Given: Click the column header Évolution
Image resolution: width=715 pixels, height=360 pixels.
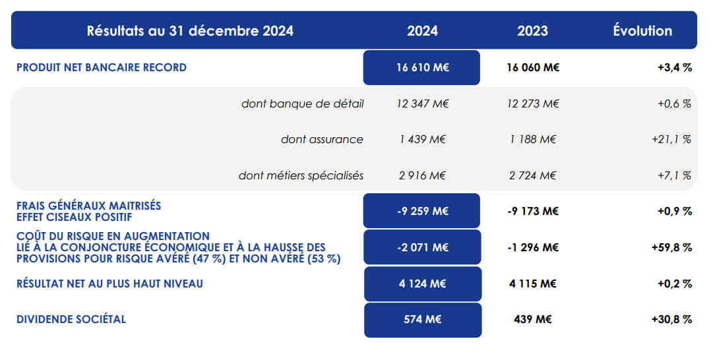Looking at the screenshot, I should (642, 30).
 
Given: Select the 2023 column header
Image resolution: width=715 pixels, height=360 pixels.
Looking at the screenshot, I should (532, 30).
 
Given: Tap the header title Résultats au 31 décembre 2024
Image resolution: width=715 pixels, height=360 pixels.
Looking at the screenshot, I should (190, 30).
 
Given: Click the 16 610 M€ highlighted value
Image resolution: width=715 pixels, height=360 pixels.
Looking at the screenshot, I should (422, 67).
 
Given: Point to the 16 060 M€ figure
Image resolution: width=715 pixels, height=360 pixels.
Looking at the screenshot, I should (533, 67).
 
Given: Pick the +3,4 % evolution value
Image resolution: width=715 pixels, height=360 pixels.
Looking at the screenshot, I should (674, 67).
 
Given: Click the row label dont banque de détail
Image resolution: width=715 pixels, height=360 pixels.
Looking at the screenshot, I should (302, 104).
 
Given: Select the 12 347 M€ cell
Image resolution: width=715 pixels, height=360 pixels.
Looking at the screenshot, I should (422, 104).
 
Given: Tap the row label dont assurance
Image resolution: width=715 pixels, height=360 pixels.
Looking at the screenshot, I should (322, 139).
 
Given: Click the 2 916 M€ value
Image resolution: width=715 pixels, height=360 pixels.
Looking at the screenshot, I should (421, 175).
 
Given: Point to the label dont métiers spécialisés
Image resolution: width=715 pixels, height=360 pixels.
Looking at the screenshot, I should (301, 175).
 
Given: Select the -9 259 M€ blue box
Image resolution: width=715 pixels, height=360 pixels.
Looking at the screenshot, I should (421, 211).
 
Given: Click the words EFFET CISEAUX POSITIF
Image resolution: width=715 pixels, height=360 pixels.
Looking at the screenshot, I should (74, 217).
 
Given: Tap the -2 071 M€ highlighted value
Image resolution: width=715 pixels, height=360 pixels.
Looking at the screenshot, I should (422, 247).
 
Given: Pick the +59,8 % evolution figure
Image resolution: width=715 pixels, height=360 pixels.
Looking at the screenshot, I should (671, 247).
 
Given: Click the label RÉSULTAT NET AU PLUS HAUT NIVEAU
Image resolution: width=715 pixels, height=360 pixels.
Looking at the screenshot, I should (109, 284).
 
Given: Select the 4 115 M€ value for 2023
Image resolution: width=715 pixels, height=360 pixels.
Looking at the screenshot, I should (533, 284).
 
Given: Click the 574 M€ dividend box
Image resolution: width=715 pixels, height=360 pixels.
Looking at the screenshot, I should (423, 320).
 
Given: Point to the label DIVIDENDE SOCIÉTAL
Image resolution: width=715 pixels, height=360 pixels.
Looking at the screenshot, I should (71, 320).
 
